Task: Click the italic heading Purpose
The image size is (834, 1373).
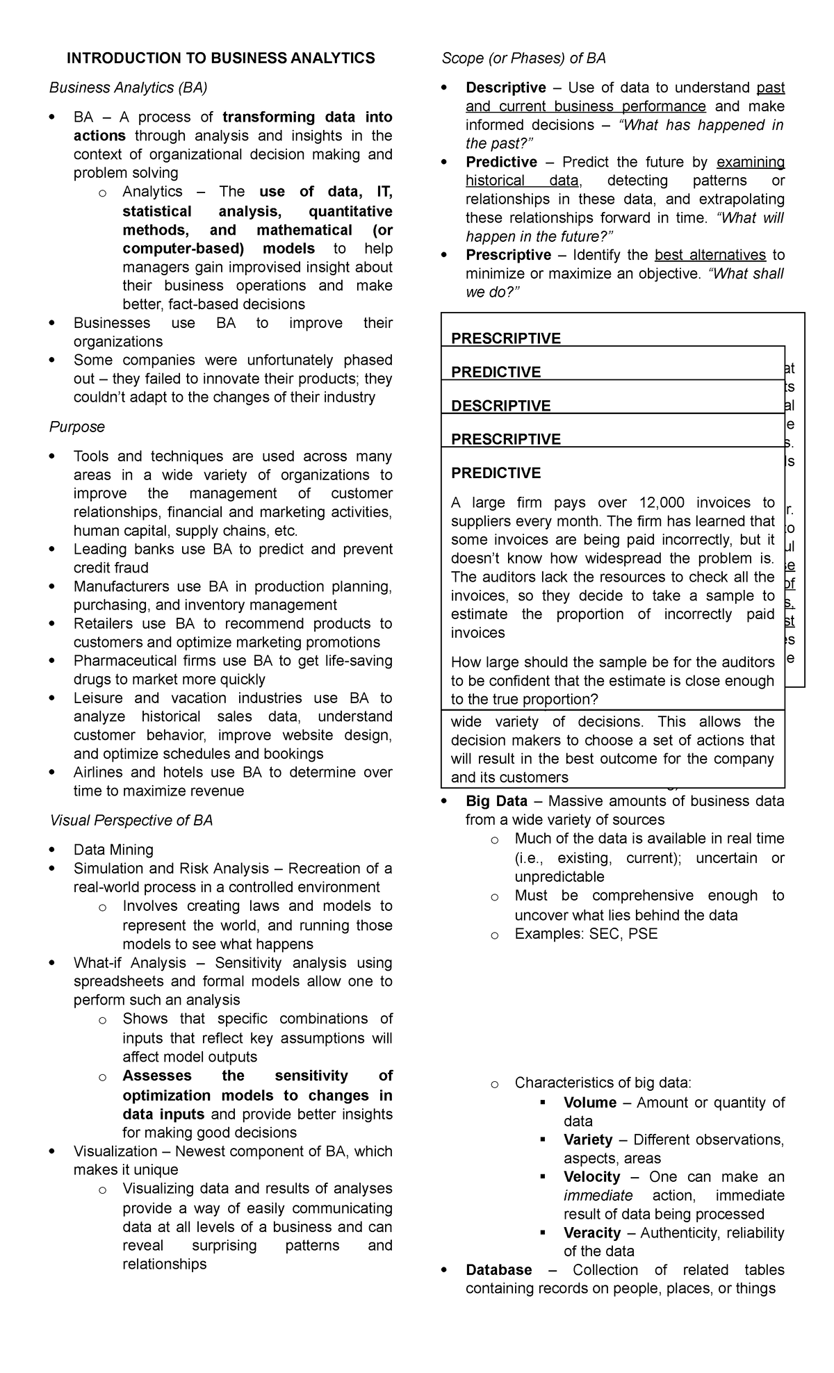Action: (76, 427)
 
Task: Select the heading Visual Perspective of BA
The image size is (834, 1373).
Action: (131, 821)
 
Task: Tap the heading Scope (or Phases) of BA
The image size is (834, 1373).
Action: (523, 58)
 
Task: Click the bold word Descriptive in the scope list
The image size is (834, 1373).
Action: (505, 88)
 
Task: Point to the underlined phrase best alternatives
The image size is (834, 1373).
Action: (710, 255)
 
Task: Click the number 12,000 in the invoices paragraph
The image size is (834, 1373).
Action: (662, 502)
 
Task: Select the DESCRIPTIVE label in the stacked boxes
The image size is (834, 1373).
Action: (500, 406)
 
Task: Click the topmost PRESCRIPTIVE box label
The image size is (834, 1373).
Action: (505, 338)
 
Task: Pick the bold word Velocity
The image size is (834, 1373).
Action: (591, 1176)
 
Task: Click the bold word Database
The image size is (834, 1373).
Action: (498, 1269)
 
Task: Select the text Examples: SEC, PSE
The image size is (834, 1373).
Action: (585, 933)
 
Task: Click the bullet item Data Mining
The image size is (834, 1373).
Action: (113, 850)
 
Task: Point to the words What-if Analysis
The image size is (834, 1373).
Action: (129, 962)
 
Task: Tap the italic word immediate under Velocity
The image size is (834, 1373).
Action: (598, 1195)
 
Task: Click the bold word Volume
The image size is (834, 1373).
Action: (589, 1102)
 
